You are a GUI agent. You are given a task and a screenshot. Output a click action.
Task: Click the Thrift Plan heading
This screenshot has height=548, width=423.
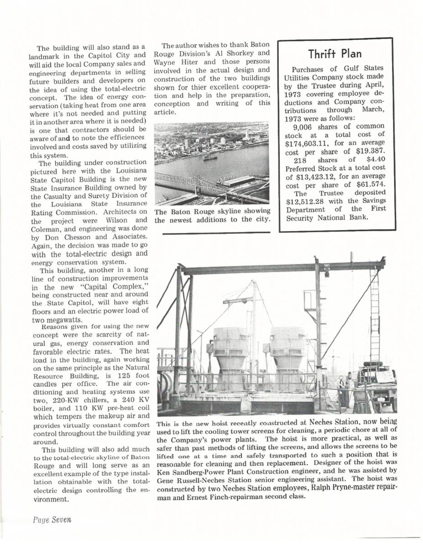click(x=335, y=53)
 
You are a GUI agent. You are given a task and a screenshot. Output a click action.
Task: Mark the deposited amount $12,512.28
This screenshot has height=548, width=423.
click(x=308, y=201)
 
